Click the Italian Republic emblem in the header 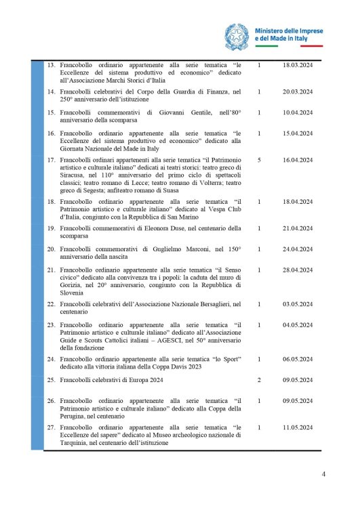(237, 35)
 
